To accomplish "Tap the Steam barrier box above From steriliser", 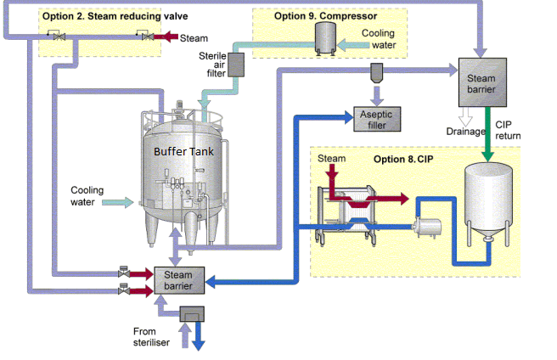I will point(178,279).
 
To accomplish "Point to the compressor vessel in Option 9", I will point(324,38).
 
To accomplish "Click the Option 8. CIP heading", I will point(402,158).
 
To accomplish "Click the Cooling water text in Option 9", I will point(378,38).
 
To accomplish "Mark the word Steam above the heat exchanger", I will point(331,160).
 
